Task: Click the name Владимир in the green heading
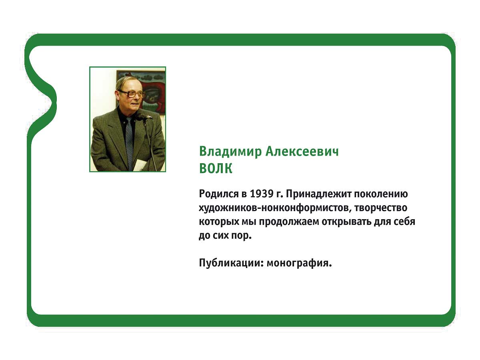tap(230, 152)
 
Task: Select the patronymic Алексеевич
tap(302, 152)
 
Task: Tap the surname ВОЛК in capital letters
tap(216, 168)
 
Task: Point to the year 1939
tap(262, 194)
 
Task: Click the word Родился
tap(219, 194)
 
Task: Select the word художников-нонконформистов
tap(273, 208)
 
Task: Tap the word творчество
tap(380, 208)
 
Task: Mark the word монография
tap(299, 263)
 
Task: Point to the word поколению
tap(381, 194)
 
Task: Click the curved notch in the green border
tap(52, 101)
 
